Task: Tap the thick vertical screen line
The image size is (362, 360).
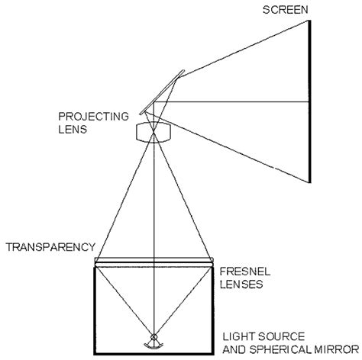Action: click(309, 99)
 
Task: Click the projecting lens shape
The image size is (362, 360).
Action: click(154, 132)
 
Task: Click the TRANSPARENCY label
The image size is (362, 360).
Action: click(50, 247)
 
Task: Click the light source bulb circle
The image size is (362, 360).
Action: click(154, 337)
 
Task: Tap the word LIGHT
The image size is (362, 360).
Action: click(237, 336)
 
